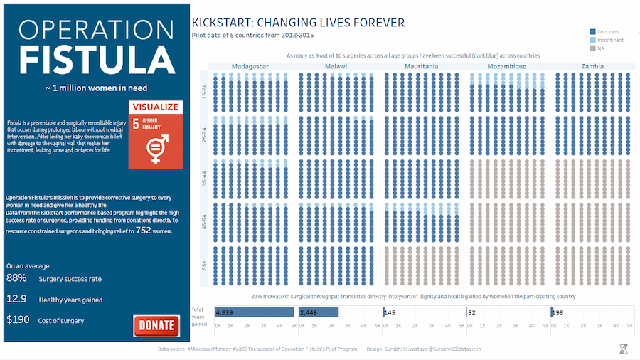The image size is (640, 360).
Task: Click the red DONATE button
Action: click(156, 325)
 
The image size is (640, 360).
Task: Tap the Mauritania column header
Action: click(421, 66)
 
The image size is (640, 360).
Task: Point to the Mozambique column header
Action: click(506, 66)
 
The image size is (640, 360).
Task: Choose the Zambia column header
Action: click(592, 66)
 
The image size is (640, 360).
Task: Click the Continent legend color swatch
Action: click(592, 32)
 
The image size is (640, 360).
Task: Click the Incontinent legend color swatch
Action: click(592, 40)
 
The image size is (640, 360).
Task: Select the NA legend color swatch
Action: click(592, 48)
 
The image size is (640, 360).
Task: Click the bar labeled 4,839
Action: click(255, 312)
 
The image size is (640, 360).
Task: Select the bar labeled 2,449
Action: click(319, 312)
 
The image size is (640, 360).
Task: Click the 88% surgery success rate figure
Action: click(16, 278)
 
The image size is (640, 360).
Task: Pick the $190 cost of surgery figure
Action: click(18, 320)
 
